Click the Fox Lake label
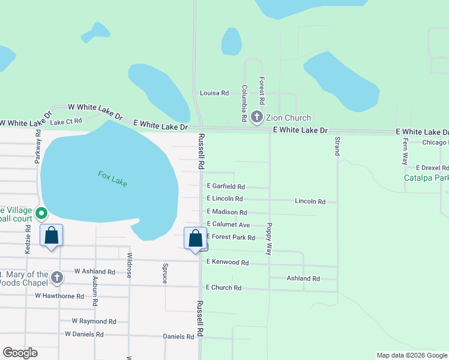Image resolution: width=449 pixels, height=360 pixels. click(112, 178)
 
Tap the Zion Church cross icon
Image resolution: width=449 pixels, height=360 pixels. click(257, 118)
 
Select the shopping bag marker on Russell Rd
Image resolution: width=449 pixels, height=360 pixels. click(196, 239)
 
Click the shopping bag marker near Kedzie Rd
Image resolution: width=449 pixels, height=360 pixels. click(52, 235)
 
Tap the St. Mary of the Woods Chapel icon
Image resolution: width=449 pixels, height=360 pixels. click(57, 277)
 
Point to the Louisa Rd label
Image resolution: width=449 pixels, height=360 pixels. click(214, 93)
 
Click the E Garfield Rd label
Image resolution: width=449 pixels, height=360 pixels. click(226, 187)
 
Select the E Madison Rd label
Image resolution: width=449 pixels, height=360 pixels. click(227, 212)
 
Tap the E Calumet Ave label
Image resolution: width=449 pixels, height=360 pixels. click(228, 224)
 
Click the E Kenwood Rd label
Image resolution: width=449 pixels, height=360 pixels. click(228, 262)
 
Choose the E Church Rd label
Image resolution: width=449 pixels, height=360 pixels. click(223, 288)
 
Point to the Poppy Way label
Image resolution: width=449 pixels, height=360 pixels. click(270, 239)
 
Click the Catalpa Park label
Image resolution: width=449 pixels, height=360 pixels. click(426, 178)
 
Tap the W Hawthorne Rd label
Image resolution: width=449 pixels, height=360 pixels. click(59, 296)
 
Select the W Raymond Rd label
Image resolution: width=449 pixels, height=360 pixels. click(94, 322)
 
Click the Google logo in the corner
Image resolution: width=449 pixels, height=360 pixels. click(20, 353)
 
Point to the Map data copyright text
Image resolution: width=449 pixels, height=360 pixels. click(412, 355)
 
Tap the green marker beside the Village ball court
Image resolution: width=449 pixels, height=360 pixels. click(41, 213)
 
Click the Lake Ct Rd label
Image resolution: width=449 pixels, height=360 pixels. click(66, 122)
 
